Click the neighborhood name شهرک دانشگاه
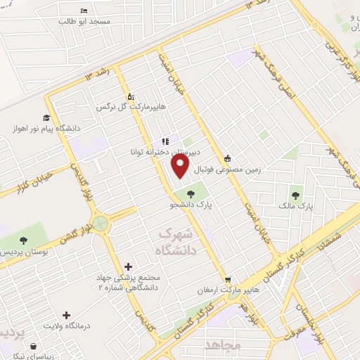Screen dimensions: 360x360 coord(179,239)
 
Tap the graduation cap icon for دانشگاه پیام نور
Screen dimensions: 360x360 coord(46,117)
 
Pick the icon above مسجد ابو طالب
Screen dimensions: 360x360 coord(84,11)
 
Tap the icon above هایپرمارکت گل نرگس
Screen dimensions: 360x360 coord(130,97)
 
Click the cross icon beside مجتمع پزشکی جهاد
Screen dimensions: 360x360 coord(128,266)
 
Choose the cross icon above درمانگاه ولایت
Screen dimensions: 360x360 coord(66,316)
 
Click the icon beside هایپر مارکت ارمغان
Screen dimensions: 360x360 coord(228,279)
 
